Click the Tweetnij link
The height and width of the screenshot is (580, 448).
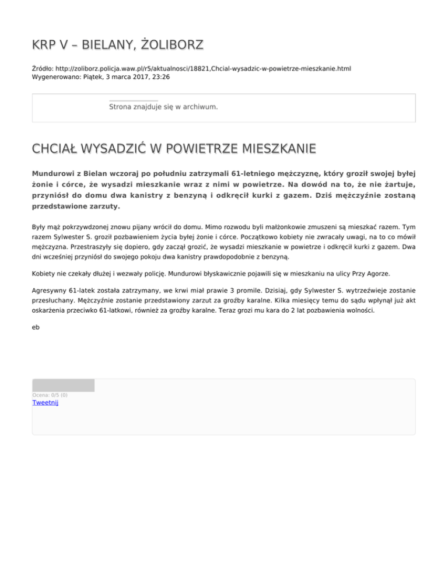[45, 403]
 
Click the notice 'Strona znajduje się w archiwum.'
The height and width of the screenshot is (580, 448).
[163, 107]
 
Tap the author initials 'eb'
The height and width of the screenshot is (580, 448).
[36, 327]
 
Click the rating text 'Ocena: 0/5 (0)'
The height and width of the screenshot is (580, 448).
[50, 395]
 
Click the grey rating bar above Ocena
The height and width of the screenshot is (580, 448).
[63, 385]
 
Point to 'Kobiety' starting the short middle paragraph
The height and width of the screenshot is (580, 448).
[44, 272]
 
